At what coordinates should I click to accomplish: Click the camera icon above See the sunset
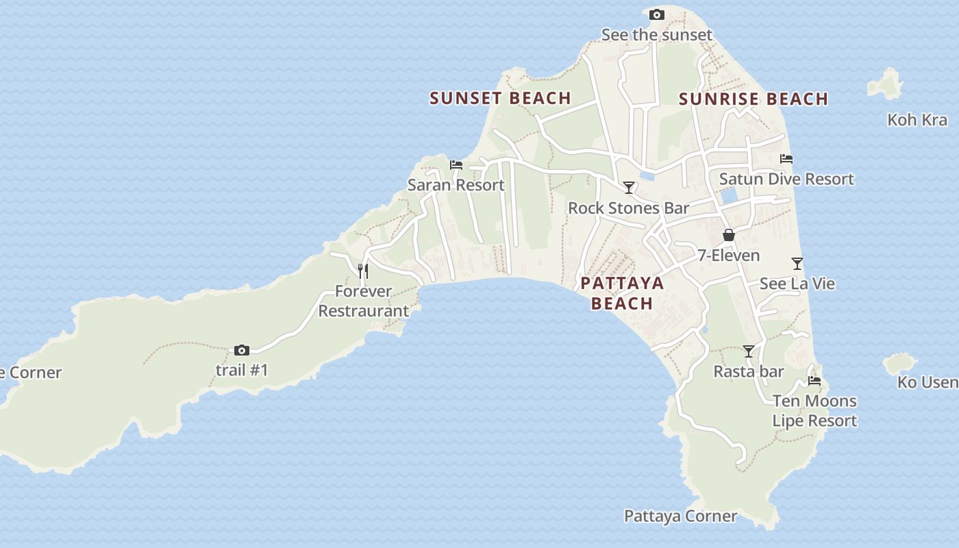pyautogui.click(x=656, y=14)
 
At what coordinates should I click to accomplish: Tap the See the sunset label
pyautogui.click(x=656, y=34)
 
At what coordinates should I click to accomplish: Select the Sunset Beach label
pyautogui.click(x=500, y=98)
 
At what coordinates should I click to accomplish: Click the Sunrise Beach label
pyautogui.click(x=754, y=99)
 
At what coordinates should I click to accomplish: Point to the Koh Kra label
pyautogui.click(x=917, y=120)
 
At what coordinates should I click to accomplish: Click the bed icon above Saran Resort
pyautogui.click(x=456, y=165)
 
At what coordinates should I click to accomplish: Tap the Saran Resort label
pyautogui.click(x=456, y=185)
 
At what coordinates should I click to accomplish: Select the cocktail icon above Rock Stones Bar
pyautogui.click(x=628, y=188)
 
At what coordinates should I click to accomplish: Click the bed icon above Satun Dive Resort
pyautogui.click(x=786, y=159)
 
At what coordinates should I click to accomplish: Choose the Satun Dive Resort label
pyautogui.click(x=786, y=179)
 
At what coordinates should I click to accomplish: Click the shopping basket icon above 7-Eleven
pyautogui.click(x=729, y=236)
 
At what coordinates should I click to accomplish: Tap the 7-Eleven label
pyautogui.click(x=729, y=256)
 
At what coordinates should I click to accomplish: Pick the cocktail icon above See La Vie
pyautogui.click(x=797, y=264)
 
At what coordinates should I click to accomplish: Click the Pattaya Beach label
pyautogui.click(x=622, y=293)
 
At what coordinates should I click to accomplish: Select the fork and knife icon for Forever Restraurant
pyautogui.click(x=363, y=271)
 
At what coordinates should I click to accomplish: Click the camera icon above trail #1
pyautogui.click(x=242, y=351)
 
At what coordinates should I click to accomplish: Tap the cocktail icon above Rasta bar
pyautogui.click(x=749, y=351)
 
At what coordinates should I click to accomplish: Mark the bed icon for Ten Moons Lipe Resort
pyautogui.click(x=814, y=381)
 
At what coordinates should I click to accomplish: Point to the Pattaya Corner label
pyautogui.click(x=680, y=516)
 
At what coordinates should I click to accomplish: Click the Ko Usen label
pyautogui.click(x=927, y=382)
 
